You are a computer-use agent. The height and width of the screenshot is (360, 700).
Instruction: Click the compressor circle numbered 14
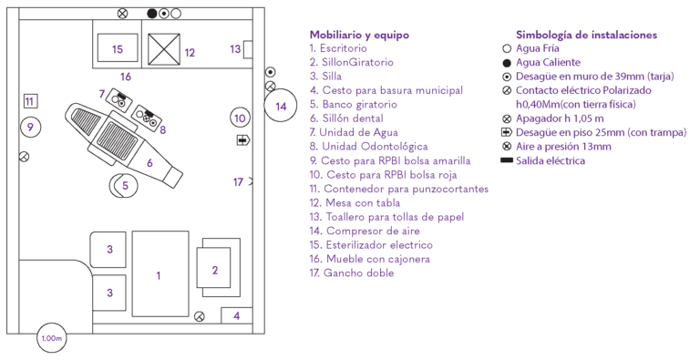pos(281,106)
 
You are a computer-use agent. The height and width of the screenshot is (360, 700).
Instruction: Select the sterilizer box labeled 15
pos(116,48)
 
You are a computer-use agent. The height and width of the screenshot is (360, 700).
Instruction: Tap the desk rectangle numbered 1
pos(159,273)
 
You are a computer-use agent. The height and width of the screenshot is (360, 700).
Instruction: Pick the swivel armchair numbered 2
pos(215,270)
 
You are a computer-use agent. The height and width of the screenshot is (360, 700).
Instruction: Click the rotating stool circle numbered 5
pos(125,185)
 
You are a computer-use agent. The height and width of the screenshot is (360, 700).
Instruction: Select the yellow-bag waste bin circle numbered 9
pos(30,127)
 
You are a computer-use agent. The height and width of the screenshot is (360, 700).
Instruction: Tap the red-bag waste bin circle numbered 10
pos(239,118)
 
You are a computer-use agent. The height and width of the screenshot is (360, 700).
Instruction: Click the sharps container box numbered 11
pos(29,101)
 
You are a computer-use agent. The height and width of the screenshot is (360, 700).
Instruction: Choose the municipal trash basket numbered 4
pos(236,315)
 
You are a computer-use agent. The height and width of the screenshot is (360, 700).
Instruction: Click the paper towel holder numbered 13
pos(235,48)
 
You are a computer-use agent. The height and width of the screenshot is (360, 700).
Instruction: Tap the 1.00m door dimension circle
pos(51,338)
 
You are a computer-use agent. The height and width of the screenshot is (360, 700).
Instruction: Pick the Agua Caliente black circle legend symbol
pos(507,62)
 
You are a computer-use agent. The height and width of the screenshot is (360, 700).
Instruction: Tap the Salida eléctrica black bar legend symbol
pos(506,160)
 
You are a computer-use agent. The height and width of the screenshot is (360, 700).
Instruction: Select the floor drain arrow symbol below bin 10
pos(242,139)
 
